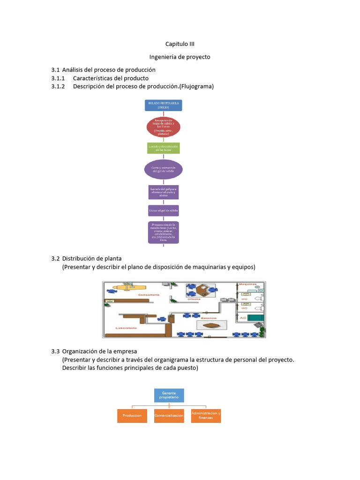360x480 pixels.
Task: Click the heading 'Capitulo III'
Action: [180, 44]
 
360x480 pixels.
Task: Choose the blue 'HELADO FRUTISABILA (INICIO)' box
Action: [163, 105]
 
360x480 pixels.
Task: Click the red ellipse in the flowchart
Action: [163, 127]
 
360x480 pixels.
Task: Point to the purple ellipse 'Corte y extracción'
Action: [163, 169]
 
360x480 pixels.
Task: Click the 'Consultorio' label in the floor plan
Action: [148, 294]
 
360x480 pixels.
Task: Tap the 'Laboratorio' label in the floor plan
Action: [127, 328]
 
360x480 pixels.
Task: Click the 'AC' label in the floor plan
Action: [243, 318]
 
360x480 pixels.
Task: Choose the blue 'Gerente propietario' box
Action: [169, 395]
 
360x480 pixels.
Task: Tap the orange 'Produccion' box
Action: [132, 416]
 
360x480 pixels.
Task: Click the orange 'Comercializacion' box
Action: [169, 416]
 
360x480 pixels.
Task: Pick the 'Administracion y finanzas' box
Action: [206, 416]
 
